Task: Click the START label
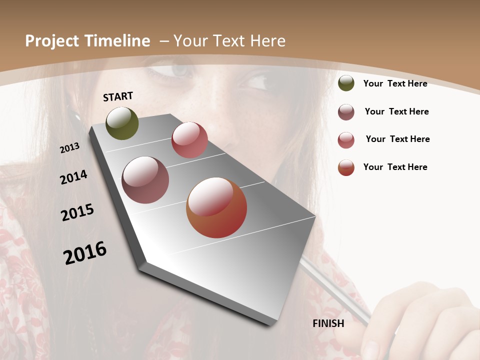point(118,96)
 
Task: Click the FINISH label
point(328,323)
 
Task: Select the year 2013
point(69,148)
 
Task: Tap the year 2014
point(73,177)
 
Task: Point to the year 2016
point(85,253)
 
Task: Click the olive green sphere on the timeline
point(122,123)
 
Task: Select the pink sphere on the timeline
point(189,140)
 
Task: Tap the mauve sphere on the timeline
point(145,180)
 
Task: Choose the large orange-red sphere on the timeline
point(216,207)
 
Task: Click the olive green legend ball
point(346,83)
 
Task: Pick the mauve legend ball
point(346,112)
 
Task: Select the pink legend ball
point(346,140)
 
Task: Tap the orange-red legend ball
point(346,167)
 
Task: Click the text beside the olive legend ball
point(395,83)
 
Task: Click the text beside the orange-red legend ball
point(395,167)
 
